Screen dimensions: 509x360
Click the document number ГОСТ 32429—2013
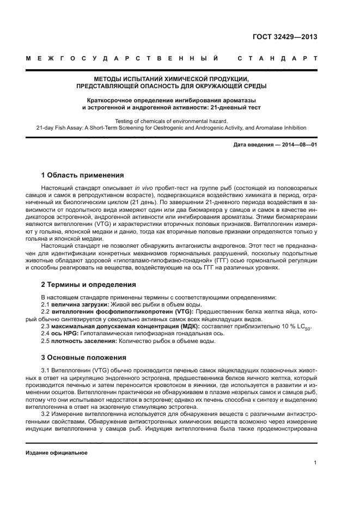pyautogui.click(x=285, y=38)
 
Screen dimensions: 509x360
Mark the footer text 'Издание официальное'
pyautogui.click(x=57, y=452)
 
